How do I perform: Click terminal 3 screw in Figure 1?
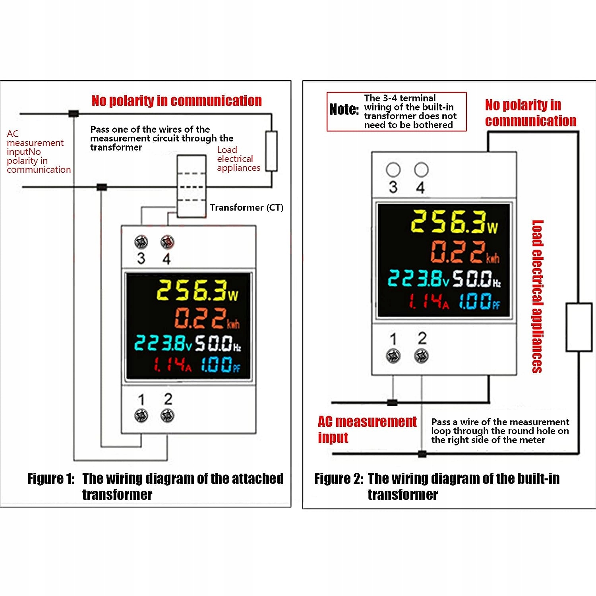pos(141,242)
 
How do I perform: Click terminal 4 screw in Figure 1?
pos(167,242)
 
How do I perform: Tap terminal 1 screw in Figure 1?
pos(141,416)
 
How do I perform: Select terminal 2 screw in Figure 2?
pos(421,356)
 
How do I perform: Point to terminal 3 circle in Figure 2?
pos(393,170)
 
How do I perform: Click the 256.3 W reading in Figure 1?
pos(197,290)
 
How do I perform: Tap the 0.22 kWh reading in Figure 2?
pos(465,252)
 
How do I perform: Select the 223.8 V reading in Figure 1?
pos(163,343)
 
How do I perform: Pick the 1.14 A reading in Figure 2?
pos(430,302)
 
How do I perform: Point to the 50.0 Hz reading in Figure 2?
pos(477,279)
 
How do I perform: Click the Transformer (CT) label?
pos(246,207)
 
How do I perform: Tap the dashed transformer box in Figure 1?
pos(192,186)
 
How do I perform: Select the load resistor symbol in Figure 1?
pos(271,151)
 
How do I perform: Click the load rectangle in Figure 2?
pos(579,327)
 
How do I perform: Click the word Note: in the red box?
pos(344,109)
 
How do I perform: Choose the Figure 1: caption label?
pos(51,479)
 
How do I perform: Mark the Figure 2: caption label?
pos(339,479)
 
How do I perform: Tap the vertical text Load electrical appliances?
pos(537,296)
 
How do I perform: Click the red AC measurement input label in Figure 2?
pos(367,429)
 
